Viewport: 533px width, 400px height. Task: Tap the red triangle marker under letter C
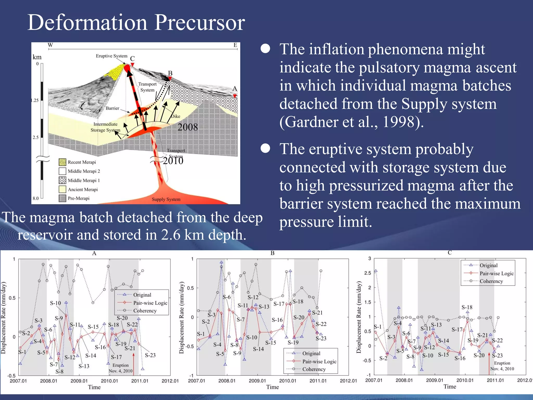tap(132, 64)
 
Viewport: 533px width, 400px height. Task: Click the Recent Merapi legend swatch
tap(62, 162)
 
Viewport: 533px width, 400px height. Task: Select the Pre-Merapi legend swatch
tap(62, 198)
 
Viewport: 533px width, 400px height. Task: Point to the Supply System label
tap(166, 199)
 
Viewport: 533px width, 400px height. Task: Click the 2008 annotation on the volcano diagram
tap(187, 127)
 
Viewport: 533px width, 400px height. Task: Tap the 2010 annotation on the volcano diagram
tap(173, 161)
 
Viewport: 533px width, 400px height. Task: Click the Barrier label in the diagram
tap(112, 108)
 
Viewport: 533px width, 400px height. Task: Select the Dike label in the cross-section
tap(176, 116)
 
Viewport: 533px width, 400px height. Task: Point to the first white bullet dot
tap(265, 49)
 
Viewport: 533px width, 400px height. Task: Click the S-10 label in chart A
tap(55, 303)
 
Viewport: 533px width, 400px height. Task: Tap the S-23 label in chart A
tap(150, 355)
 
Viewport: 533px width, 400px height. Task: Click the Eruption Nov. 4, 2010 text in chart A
tap(120, 368)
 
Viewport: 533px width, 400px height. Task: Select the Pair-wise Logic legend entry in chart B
tap(319, 361)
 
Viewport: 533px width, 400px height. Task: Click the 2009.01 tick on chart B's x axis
tap(257, 381)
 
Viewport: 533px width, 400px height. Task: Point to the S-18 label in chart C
tap(467, 307)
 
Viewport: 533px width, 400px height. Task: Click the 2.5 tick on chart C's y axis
tap(367, 273)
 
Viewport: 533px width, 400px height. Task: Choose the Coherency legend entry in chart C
tap(491, 281)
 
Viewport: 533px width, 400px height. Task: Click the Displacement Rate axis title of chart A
tap(3, 317)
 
